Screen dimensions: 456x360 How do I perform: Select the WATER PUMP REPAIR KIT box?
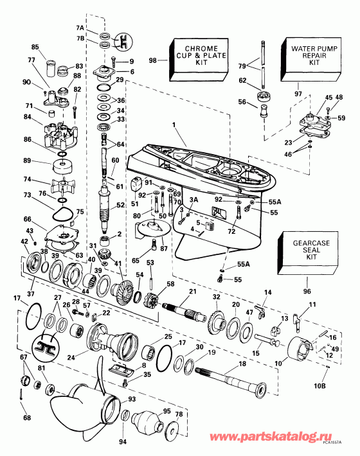click(x=307, y=55)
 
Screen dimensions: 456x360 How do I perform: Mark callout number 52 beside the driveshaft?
click(x=119, y=205)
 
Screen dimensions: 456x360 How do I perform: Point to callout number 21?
click(x=191, y=292)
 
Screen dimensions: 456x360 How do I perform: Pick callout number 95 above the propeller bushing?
click(x=166, y=411)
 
